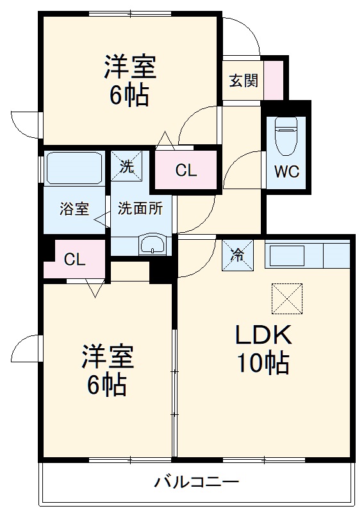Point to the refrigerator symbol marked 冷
(x=236, y=255)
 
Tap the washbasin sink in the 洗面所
(x=153, y=244)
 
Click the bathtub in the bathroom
(x=74, y=168)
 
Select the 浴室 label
(x=74, y=209)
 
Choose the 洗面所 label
(x=139, y=209)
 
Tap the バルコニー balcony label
(x=196, y=481)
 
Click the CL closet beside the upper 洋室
(x=186, y=171)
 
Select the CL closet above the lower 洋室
(x=74, y=259)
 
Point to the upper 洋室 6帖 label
(x=131, y=81)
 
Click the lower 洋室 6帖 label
(x=107, y=371)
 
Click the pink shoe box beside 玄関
(x=274, y=80)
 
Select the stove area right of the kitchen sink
(x=336, y=256)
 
